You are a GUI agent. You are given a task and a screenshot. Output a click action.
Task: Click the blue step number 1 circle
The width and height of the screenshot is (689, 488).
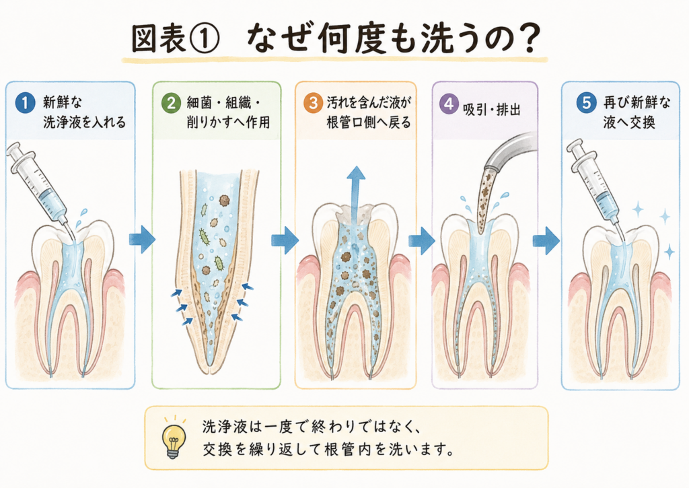[x=25, y=103]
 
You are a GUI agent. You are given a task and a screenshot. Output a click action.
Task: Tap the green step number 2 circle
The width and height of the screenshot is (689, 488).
[x=171, y=103]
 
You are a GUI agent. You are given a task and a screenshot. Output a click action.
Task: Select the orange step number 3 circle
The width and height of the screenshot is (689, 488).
[x=314, y=104]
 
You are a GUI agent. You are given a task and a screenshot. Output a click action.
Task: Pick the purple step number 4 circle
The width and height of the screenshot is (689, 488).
[x=449, y=104]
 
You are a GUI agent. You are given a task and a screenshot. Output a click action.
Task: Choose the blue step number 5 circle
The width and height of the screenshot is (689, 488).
[x=587, y=103]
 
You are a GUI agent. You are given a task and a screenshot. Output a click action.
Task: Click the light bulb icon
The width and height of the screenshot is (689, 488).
[x=174, y=437]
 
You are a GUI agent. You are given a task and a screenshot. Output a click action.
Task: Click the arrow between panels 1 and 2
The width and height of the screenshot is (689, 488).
[x=142, y=240]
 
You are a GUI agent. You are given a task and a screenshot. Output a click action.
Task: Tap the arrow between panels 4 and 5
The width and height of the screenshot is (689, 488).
[x=546, y=240]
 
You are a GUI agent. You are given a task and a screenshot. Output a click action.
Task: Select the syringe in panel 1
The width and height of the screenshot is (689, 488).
[x=40, y=184]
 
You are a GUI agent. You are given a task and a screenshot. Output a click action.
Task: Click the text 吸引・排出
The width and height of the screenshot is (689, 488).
[x=492, y=110]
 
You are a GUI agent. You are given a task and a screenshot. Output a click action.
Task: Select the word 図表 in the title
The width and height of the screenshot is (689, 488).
[x=158, y=39]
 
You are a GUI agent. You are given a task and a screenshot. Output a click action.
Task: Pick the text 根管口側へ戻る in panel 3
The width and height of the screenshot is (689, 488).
[x=369, y=123]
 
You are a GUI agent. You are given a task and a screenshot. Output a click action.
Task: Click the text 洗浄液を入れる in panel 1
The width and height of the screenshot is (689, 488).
[x=84, y=122]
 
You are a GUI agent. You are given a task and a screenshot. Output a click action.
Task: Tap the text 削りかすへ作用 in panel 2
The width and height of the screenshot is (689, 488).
[x=229, y=122]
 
